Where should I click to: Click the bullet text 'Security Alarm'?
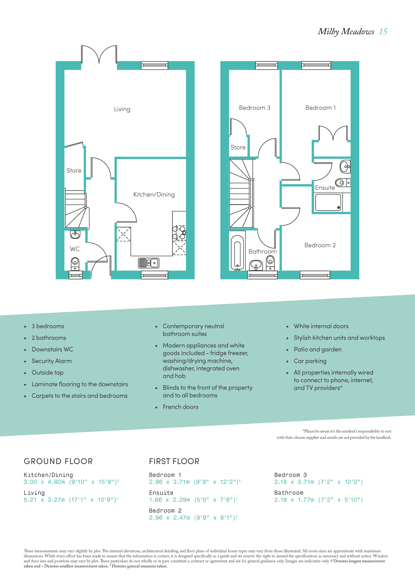[52, 361]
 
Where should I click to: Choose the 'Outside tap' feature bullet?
[48, 373]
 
